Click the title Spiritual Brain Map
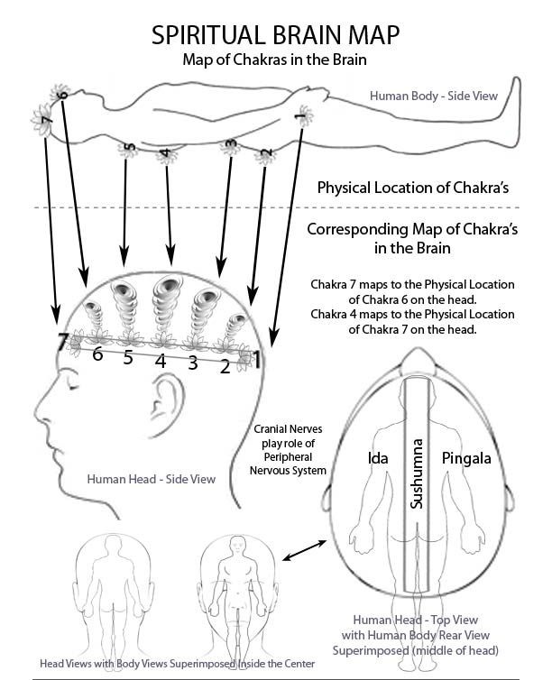click(276, 34)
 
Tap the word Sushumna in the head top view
click(416, 473)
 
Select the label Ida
click(377, 458)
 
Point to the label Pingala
click(466, 458)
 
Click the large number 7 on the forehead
click(62, 343)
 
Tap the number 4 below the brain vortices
click(161, 360)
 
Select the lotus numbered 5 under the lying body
click(130, 149)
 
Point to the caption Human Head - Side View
click(152, 479)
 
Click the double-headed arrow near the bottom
click(302, 548)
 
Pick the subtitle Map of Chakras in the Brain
click(275, 60)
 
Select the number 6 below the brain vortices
click(97, 354)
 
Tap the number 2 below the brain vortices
click(225, 365)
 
